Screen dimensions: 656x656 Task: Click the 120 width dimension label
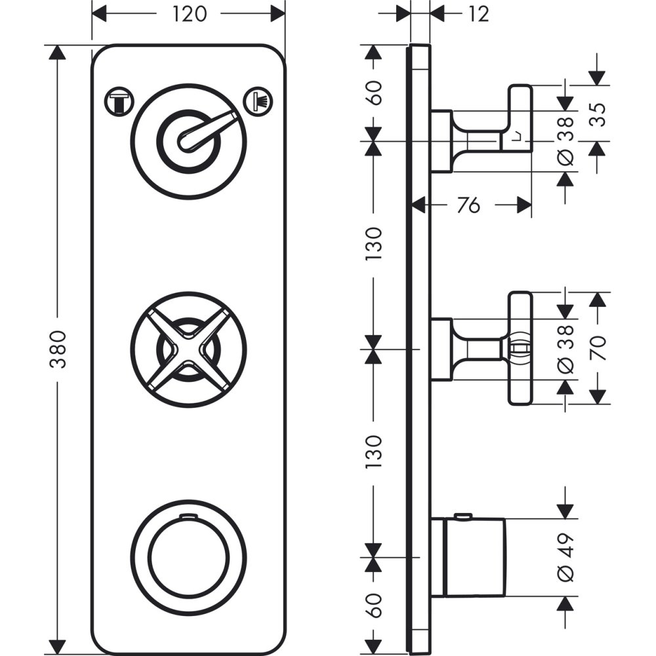[x=190, y=14]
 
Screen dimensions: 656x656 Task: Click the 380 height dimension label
[x=58, y=350]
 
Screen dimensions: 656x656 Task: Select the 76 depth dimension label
[x=468, y=205]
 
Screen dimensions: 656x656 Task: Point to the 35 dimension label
[x=599, y=115]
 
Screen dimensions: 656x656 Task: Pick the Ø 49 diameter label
[x=565, y=557]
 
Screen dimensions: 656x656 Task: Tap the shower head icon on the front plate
[x=258, y=101]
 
